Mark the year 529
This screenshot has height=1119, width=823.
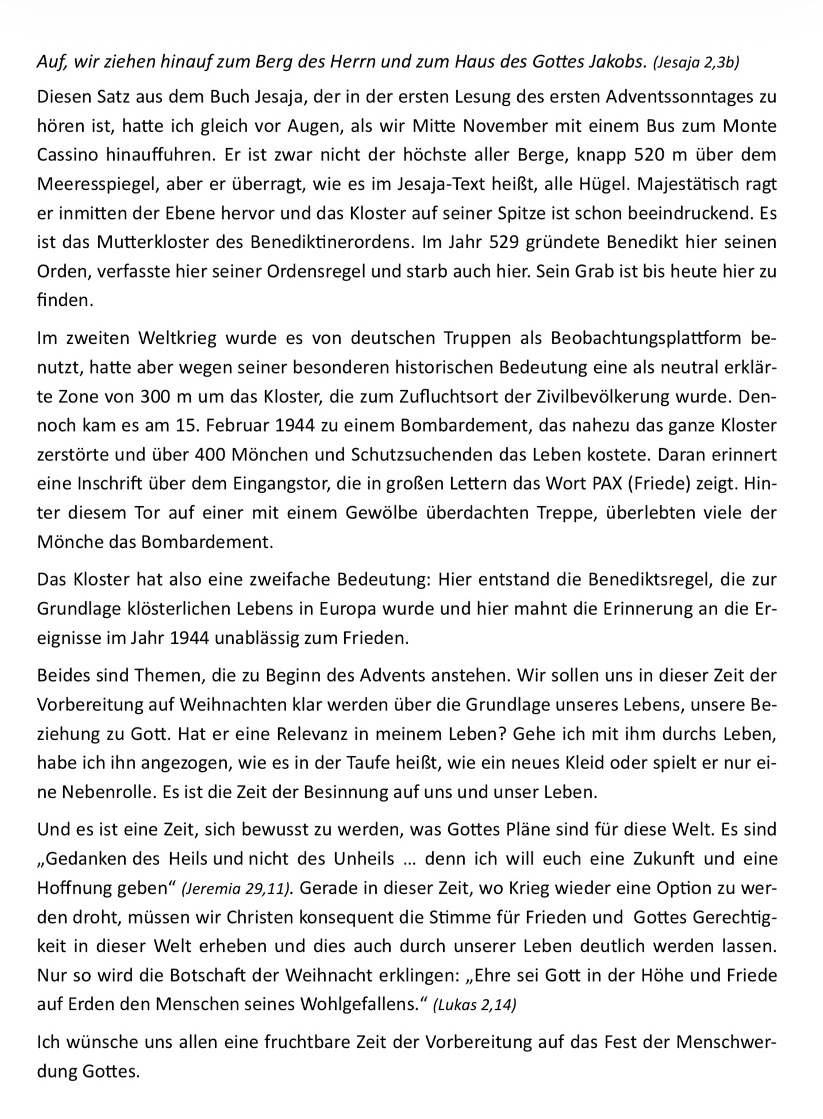(x=505, y=242)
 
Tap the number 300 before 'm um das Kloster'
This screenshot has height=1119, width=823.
(x=156, y=397)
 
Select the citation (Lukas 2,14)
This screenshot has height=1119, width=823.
(x=475, y=1005)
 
